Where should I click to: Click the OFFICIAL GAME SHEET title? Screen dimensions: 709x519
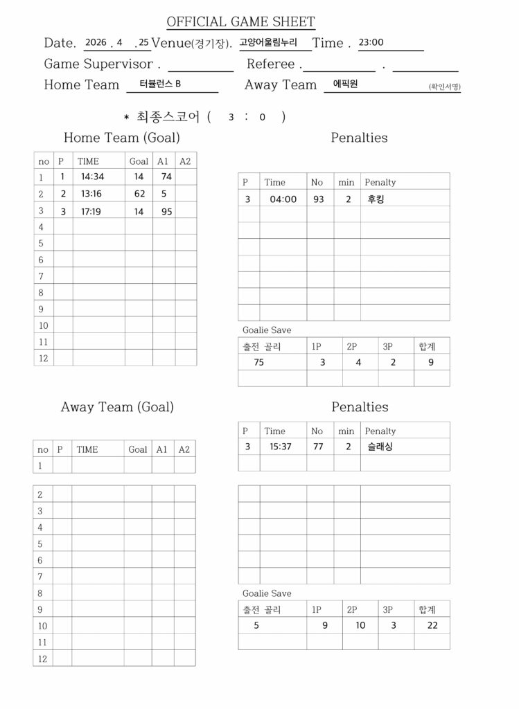240,22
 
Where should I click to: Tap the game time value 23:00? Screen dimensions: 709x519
371,42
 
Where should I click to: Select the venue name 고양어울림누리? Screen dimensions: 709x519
268,42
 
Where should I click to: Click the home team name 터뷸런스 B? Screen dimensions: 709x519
160,84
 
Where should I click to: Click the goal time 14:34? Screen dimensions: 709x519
92,177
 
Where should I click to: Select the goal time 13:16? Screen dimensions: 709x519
91,194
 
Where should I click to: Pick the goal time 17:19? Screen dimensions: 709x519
91,212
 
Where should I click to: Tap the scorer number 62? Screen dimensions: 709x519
139,194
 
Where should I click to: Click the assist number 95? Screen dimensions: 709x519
167,212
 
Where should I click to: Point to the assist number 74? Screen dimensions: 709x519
166,177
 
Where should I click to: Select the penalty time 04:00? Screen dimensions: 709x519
283,199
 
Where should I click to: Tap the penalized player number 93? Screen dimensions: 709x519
319,199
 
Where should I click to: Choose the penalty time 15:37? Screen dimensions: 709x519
281,447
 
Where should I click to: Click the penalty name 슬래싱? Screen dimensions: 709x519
380,447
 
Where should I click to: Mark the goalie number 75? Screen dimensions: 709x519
259,361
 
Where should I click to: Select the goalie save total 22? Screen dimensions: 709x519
432,625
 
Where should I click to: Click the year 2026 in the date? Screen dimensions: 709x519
96,42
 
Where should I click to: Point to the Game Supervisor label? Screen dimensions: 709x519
98,64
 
